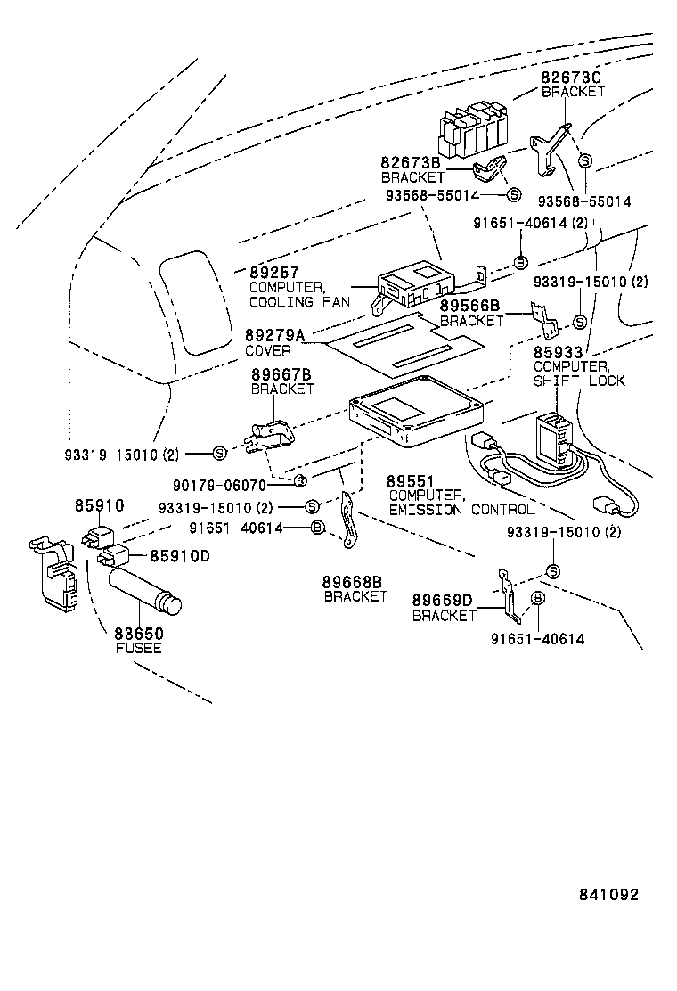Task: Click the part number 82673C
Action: click(572, 78)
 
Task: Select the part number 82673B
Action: click(411, 163)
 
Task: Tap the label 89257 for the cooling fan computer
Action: click(273, 273)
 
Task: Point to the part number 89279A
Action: click(274, 335)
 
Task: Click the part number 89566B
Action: click(470, 306)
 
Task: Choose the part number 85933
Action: click(558, 352)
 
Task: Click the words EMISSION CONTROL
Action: click(461, 510)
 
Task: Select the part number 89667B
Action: click(281, 374)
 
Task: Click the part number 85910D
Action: click(179, 556)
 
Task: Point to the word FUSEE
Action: click(138, 648)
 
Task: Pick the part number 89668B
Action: click(355, 581)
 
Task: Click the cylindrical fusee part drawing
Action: click(145, 592)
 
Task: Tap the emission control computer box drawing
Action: click(416, 418)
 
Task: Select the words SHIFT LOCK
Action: click(579, 381)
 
